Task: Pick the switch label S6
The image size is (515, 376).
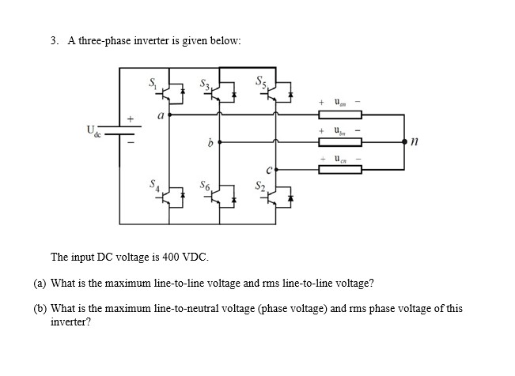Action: [206, 187]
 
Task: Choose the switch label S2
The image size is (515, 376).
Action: [258, 186]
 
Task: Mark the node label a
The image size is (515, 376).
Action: [159, 115]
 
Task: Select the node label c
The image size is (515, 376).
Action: [269, 167]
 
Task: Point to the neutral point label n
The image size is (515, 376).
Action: [415, 143]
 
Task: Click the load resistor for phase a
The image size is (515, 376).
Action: [339, 115]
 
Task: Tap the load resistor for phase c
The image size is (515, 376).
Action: [339, 169]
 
